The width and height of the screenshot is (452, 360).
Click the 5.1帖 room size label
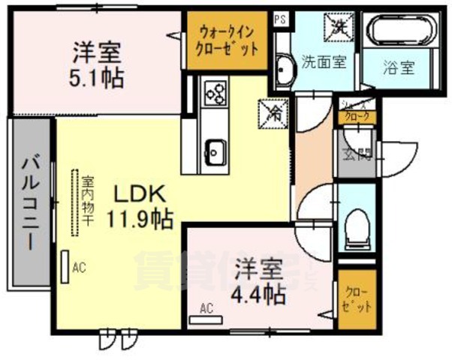tap(98, 77)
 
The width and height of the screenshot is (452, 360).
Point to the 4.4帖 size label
tap(258, 293)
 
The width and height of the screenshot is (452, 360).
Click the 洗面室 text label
tap(324, 62)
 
